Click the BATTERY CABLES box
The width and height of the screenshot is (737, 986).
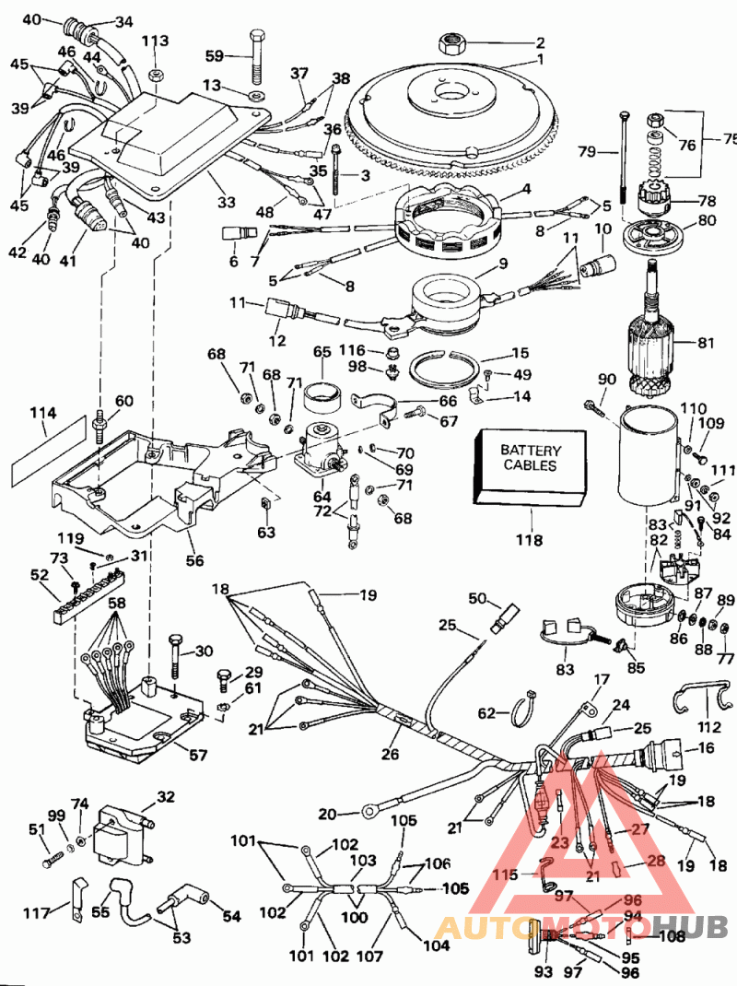pyautogui.click(x=530, y=468)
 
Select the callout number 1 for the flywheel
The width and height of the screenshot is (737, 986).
pyautogui.click(x=542, y=61)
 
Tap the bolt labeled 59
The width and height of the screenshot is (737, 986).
pyautogui.click(x=255, y=55)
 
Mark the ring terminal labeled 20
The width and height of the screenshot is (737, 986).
pyautogui.click(x=371, y=812)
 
